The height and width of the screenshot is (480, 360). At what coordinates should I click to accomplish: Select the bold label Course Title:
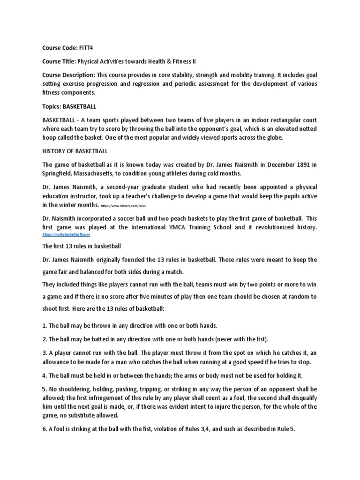coord(59,61)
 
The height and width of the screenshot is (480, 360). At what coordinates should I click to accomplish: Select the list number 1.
coord(44,325)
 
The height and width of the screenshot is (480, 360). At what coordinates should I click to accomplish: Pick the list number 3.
coord(45,352)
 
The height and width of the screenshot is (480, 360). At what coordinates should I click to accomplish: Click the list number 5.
coord(45,389)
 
